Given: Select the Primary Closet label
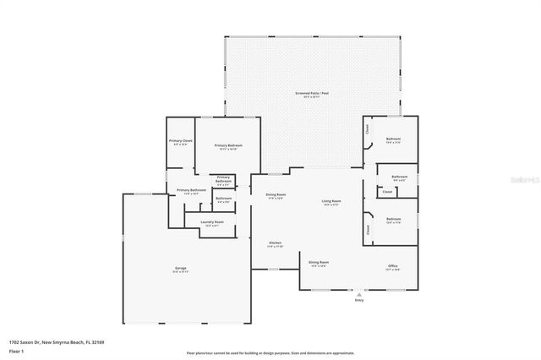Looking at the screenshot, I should tap(181, 141).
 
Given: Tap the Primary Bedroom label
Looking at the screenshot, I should tap(228, 145).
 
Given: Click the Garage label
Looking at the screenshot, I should tap(180, 270).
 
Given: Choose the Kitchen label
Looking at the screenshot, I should tap(275, 243).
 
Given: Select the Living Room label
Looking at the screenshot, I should tap(330, 200).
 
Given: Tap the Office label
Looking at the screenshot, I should tap(393, 265).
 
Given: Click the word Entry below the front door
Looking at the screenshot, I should tap(358, 300).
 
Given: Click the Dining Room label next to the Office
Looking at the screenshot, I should tap(318, 263).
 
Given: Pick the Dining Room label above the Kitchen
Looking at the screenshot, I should tap(276, 195).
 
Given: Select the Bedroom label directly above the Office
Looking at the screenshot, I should tap(394, 219).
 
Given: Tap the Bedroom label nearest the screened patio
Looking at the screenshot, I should tap(393, 139).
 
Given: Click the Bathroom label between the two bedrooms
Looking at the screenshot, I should tap(400, 177).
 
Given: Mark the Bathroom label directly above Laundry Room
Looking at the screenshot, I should tap(224, 199).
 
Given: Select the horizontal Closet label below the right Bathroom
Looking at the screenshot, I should tap(386, 192).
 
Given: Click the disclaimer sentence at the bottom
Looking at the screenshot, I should tap(270, 353).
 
